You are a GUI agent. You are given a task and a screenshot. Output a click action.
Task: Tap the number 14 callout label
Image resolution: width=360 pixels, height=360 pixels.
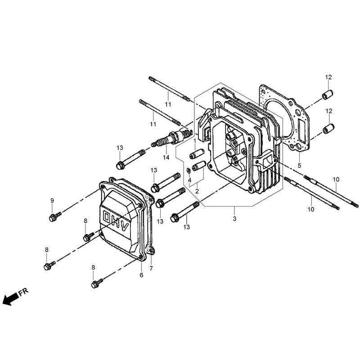(x=166, y=157)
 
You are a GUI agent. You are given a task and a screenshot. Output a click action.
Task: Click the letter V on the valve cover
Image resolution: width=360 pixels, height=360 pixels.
(x=124, y=227)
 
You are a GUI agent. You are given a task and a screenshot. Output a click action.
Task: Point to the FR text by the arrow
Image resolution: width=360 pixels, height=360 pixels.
(x=23, y=292)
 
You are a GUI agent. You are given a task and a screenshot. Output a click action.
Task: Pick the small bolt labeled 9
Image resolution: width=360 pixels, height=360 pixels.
(x=55, y=216)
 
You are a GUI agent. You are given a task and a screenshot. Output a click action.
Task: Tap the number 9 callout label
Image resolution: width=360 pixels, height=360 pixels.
(x=52, y=201)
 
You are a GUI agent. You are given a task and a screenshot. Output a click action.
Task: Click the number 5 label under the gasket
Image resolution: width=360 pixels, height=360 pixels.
(x=299, y=165)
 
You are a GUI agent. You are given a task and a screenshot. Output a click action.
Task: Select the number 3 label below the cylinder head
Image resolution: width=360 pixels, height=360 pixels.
(x=234, y=219)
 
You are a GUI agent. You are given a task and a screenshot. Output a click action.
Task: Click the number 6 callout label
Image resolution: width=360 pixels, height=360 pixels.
(x=141, y=275)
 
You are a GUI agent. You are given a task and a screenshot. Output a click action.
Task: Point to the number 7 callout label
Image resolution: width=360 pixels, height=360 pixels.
(x=151, y=268)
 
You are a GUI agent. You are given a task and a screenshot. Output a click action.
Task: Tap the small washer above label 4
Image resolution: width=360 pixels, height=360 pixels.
(x=188, y=170)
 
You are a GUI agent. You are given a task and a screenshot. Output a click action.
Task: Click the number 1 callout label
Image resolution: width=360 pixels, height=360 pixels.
(x=195, y=140)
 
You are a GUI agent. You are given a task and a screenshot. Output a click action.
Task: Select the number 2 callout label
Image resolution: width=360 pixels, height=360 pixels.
(x=197, y=191)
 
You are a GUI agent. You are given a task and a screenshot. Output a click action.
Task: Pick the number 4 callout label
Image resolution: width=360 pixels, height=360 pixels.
(x=189, y=180)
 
